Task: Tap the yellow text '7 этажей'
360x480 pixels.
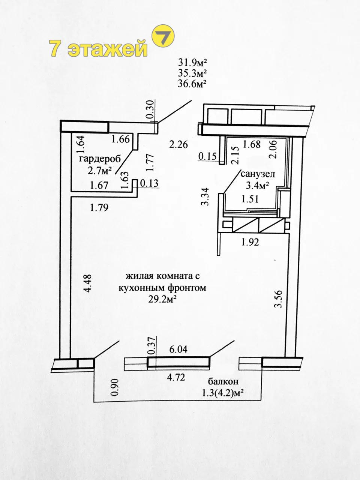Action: pos(98,48)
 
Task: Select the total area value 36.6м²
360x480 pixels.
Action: pos(192,84)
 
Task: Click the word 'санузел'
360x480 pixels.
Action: pos(258,174)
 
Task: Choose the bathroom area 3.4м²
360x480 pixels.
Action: pos(257,186)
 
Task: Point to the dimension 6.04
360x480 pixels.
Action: pos(178,349)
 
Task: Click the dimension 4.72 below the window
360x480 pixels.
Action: pos(176,377)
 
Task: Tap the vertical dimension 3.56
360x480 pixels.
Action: pos(279,299)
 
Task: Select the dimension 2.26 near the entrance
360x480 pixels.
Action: pos(178,144)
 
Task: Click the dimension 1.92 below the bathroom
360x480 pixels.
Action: pos(250,242)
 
